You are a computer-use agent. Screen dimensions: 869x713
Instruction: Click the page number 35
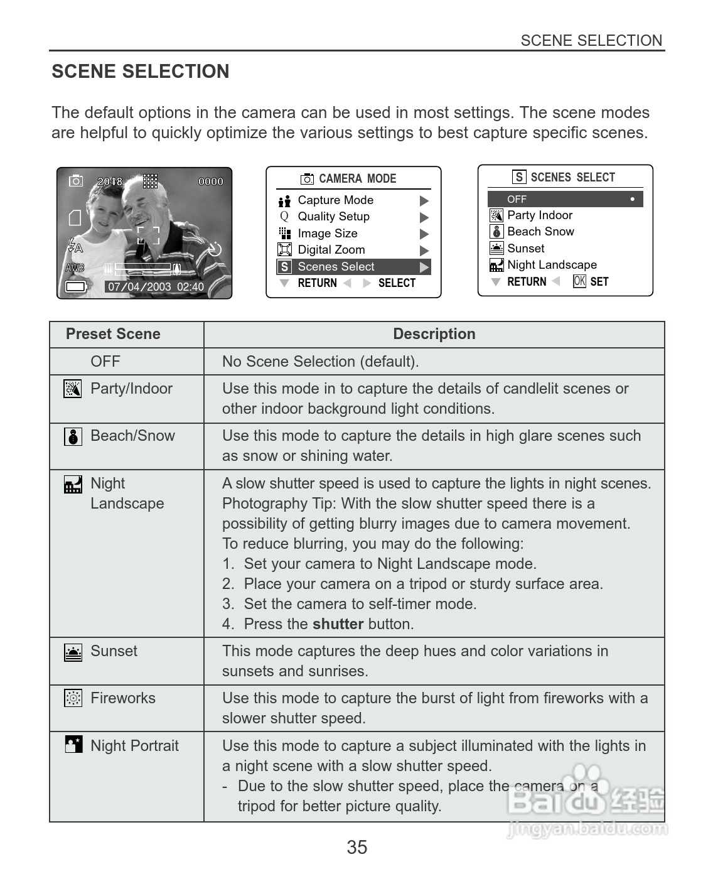[x=356, y=847]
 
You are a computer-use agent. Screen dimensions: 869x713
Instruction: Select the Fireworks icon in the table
[x=73, y=698]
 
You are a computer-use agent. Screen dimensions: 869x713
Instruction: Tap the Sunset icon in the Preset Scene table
[x=73, y=652]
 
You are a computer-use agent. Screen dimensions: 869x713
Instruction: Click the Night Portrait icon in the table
[x=73, y=745]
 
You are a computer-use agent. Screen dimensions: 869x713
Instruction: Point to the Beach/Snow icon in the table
[x=73, y=436]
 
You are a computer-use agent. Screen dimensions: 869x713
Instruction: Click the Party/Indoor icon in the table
[x=73, y=389]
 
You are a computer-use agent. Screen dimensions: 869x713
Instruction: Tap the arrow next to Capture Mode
[x=424, y=201]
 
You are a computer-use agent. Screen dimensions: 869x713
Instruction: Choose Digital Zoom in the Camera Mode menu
[x=331, y=250]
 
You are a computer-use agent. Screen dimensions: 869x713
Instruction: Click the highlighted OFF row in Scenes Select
[x=565, y=199]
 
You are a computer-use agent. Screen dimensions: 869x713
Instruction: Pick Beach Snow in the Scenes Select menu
[x=540, y=232]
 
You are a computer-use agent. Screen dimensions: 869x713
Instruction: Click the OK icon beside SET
[x=579, y=282]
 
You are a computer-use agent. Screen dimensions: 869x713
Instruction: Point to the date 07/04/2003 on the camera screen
[x=139, y=287]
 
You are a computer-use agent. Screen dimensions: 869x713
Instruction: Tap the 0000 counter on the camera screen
[x=211, y=181]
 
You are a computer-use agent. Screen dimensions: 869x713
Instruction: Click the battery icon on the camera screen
[x=75, y=288]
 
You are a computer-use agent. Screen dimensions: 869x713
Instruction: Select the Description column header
[x=434, y=334]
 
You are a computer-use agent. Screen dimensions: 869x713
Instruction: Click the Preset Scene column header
[x=113, y=334]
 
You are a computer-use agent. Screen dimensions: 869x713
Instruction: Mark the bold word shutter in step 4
[x=338, y=624]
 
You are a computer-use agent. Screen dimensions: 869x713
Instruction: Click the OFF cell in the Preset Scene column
[x=105, y=362]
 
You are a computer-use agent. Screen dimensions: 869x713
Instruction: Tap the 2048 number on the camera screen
[x=110, y=181]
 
